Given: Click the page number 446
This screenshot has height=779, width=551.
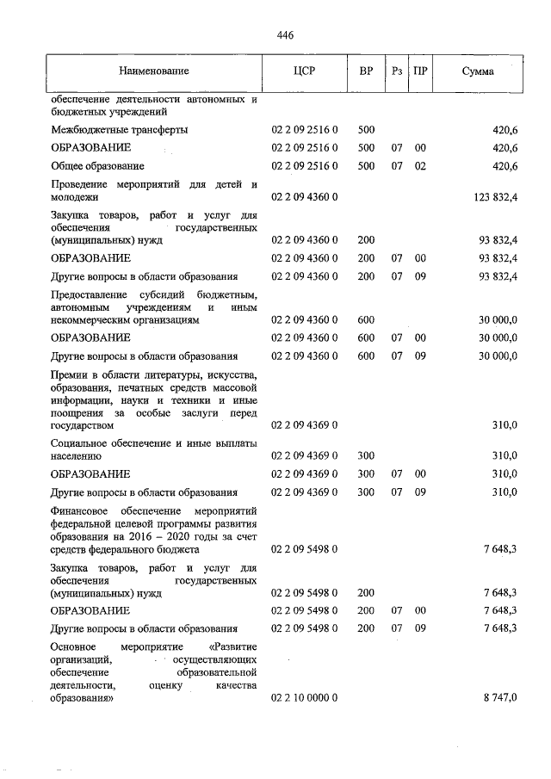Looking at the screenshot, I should click(x=286, y=35).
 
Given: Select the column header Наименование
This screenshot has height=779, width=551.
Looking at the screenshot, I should click(x=154, y=71).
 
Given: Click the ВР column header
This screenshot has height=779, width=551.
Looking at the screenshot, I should click(x=366, y=71).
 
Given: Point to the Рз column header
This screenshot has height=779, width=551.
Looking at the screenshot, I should click(x=396, y=71).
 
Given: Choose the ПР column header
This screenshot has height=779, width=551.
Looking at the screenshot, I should click(x=420, y=71).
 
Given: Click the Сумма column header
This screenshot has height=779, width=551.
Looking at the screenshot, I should click(x=477, y=71).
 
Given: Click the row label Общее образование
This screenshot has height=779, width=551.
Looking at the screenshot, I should click(x=97, y=165).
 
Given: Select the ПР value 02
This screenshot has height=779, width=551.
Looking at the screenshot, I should click(x=420, y=165).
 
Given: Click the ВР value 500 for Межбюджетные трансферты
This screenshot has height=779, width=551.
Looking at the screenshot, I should click(x=366, y=129).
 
